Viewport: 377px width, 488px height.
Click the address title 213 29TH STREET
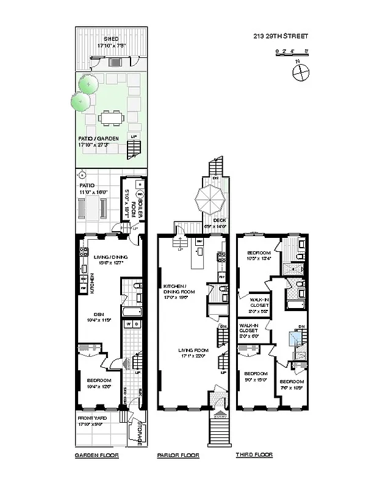tap(280, 36)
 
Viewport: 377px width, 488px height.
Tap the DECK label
tap(219, 220)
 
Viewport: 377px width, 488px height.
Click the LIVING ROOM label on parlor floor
tap(193, 350)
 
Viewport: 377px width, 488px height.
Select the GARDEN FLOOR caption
tap(96, 455)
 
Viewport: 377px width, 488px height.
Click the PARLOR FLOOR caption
tap(178, 455)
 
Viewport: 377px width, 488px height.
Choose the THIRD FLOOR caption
tap(254, 455)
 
